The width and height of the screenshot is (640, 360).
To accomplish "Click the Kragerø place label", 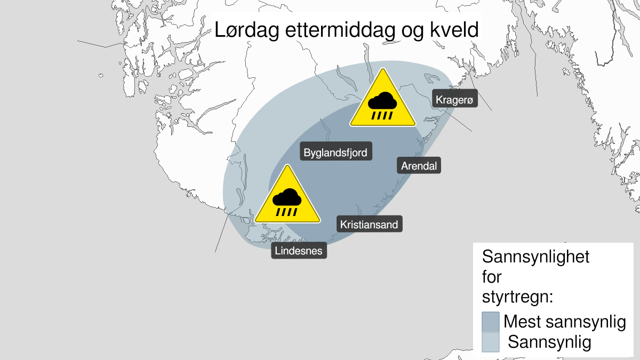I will click(x=454, y=100).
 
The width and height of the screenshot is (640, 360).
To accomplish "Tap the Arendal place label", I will click(x=420, y=166).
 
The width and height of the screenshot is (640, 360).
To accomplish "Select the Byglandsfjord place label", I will click(x=335, y=153).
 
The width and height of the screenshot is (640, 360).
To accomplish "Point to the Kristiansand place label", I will click(x=369, y=225).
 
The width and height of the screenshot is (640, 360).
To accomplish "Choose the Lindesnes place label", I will click(x=299, y=250).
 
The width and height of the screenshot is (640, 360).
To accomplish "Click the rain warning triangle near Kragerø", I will click(x=382, y=101).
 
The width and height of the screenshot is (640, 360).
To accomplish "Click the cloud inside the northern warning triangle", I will click(x=382, y=100).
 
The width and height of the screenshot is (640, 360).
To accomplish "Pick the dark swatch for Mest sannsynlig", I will click(x=490, y=322).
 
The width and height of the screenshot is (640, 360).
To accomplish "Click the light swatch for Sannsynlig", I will click(x=490, y=342).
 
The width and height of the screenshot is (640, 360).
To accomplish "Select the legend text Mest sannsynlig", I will click(x=564, y=322).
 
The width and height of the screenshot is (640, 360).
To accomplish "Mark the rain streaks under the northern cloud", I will click(x=382, y=114).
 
